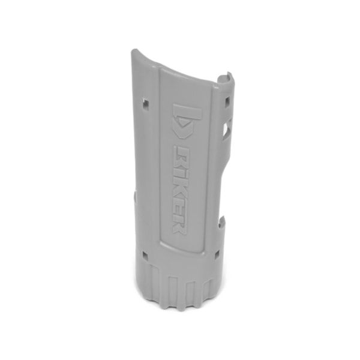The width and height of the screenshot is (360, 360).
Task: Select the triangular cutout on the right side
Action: (x=226, y=129)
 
